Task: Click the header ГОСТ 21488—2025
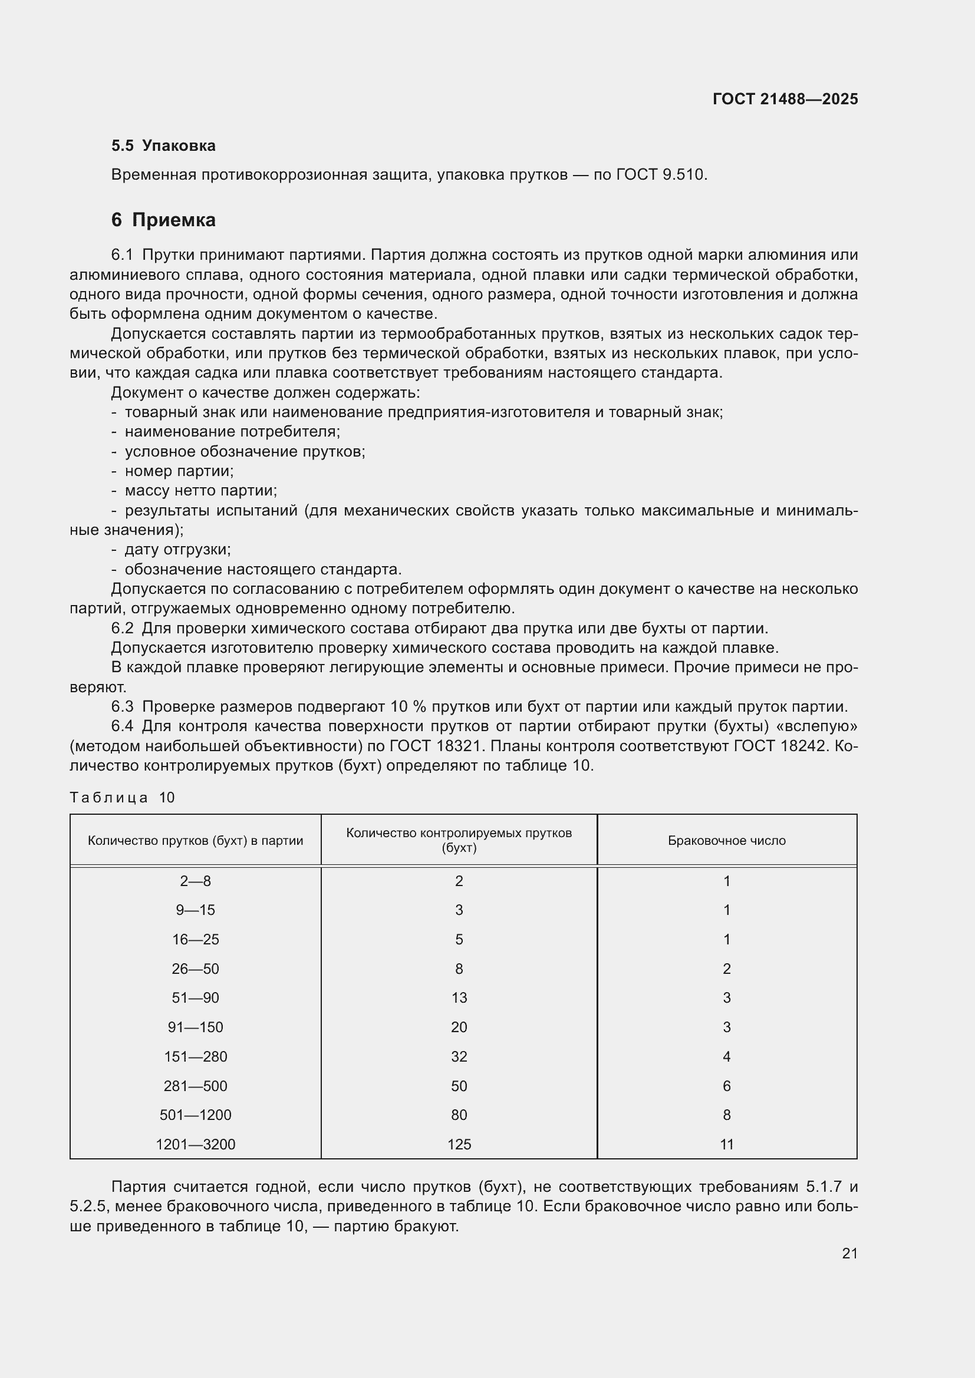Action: point(785,99)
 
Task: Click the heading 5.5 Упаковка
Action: point(163,146)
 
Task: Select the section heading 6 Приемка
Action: point(163,220)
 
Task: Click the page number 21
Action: point(849,1253)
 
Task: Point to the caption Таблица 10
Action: point(122,798)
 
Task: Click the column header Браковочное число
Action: point(726,840)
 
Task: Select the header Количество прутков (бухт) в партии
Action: point(195,840)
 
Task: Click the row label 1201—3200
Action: point(195,1145)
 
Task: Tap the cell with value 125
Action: point(459,1145)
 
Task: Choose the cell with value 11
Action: point(726,1145)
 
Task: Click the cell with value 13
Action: point(459,998)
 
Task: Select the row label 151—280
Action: point(195,1056)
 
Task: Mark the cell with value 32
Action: point(459,1056)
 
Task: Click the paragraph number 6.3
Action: point(122,706)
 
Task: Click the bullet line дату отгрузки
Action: point(177,549)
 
